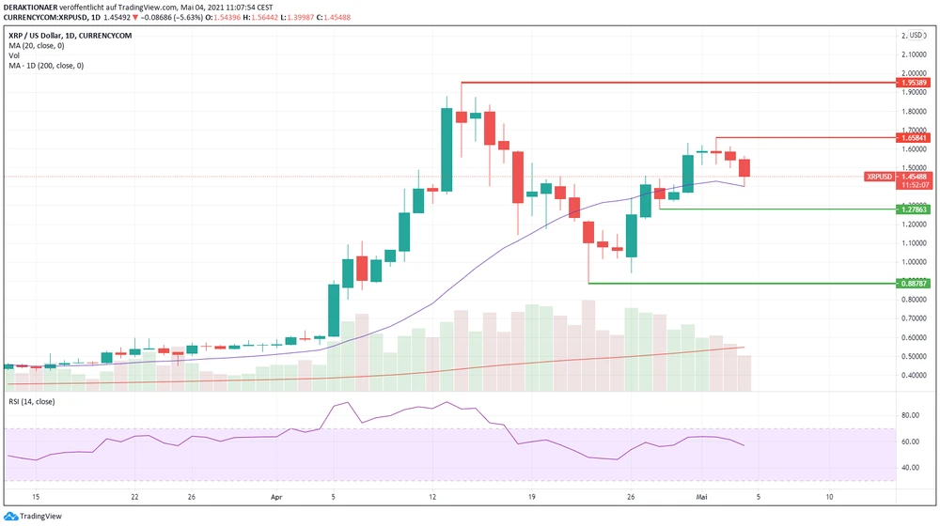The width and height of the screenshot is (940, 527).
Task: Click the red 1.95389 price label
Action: [914, 83]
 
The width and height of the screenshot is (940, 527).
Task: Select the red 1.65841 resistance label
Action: [914, 138]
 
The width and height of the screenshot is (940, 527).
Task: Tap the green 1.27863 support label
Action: [914, 209]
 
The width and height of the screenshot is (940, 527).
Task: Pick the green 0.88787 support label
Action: [914, 283]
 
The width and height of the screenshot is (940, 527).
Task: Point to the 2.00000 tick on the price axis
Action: [912, 73]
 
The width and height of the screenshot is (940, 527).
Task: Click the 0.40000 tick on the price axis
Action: [912, 376]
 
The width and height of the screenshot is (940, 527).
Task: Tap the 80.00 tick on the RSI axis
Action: [909, 415]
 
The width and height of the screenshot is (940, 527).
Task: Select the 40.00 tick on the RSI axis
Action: [909, 467]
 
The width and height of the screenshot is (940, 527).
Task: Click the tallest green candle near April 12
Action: [447, 149]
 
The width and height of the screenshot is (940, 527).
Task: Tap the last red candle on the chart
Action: [744, 168]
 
